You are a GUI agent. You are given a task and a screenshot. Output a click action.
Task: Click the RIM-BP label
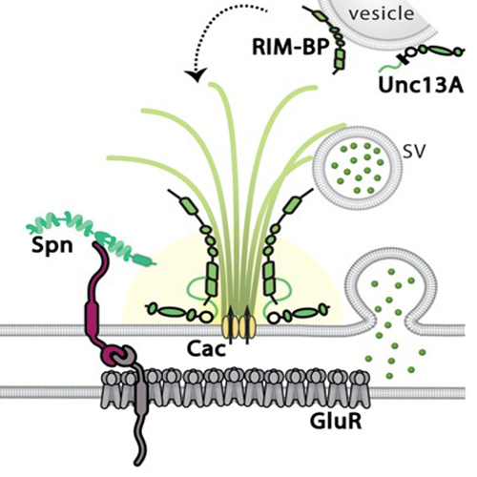click(x=290, y=47)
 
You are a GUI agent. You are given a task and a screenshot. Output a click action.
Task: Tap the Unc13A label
click(x=421, y=85)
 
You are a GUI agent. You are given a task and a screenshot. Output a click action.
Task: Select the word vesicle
click(x=382, y=14)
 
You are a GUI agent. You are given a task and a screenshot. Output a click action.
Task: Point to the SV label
click(x=413, y=153)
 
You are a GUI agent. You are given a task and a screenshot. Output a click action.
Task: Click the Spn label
click(x=52, y=246)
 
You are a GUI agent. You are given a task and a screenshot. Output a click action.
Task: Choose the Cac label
click(x=206, y=348)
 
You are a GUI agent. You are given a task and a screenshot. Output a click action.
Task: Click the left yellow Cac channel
click(x=230, y=327)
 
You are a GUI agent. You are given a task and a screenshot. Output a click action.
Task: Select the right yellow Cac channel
click(x=247, y=327)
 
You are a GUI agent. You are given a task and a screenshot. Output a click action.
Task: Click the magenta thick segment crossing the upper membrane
click(x=92, y=320)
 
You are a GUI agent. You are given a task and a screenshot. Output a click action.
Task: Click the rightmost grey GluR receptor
click(x=360, y=388)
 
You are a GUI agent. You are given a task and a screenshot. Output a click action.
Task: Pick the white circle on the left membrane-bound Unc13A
click(x=206, y=317)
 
